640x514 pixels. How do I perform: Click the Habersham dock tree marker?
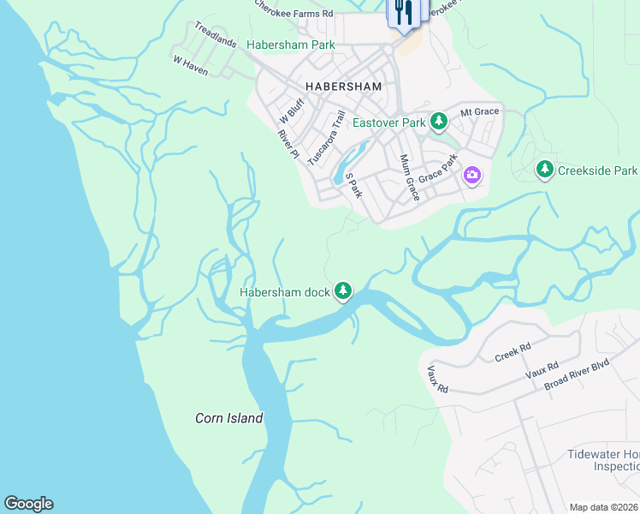pyautogui.click(x=343, y=292)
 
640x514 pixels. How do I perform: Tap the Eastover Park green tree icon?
pyautogui.click(x=439, y=123)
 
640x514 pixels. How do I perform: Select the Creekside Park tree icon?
pyautogui.click(x=544, y=170)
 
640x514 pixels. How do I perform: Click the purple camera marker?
pyautogui.click(x=472, y=176)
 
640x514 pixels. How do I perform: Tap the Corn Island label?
pyautogui.click(x=228, y=418)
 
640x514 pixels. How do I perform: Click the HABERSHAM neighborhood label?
pyautogui.click(x=341, y=86)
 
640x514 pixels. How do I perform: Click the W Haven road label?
pyautogui.click(x=191, y=66)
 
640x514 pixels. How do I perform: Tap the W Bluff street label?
pyautogui.click(x=293, y=111)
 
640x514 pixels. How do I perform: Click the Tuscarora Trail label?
pyautogui.click(x=326, y=137)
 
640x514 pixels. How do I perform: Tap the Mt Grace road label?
pyautogui.click(x=479, y=112)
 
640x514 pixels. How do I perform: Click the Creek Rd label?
pyautogui.click(x=513, y=352)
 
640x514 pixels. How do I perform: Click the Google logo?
pyautogui.click(x=28, y=504)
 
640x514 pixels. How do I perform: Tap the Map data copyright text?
pyautogui.click(x=603, y=507)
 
